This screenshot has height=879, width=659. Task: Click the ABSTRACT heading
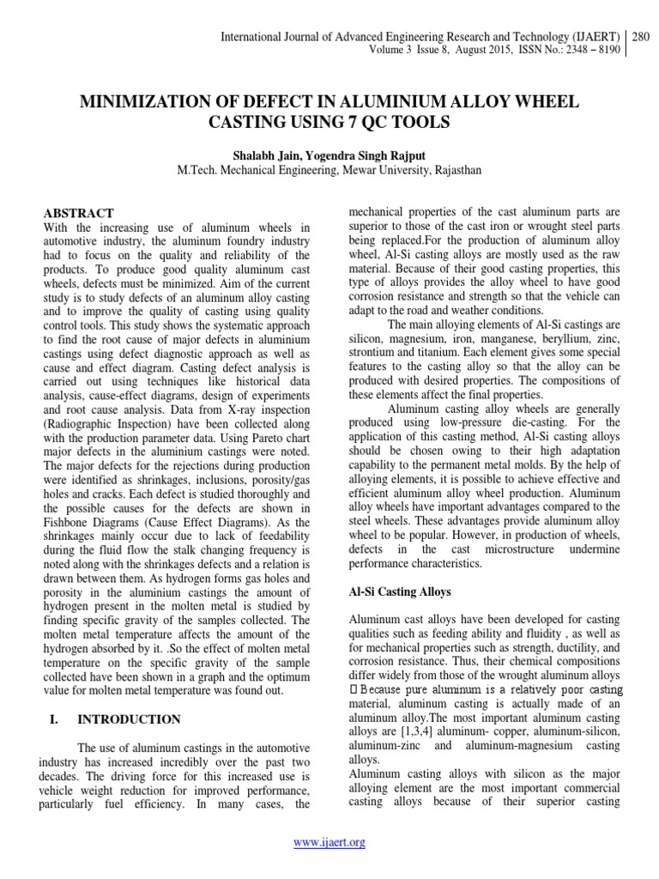click(78, 213)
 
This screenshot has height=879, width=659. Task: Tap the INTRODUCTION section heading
click(129, 719)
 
